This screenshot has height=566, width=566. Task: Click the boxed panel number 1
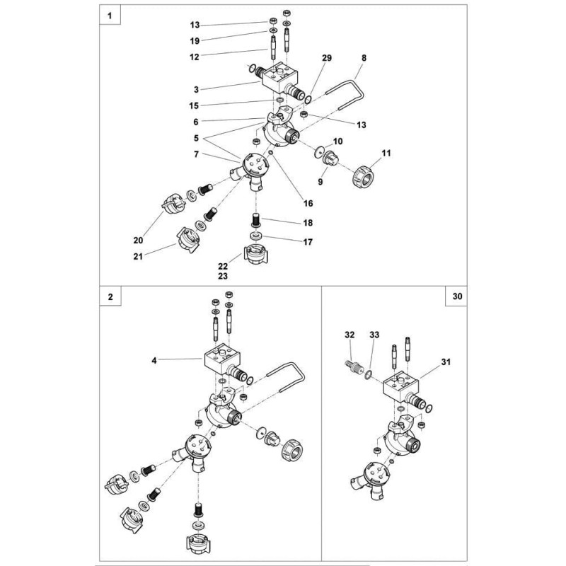click(110, 15)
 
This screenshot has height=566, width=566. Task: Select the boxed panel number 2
click(110, 297)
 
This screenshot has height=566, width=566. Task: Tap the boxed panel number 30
click(456, 297)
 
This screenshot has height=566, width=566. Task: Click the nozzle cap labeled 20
click(171, 206)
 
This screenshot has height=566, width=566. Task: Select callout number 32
click(349, 333)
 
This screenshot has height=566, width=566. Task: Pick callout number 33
click(374, 333)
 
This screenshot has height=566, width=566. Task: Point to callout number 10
click(338, 143)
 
